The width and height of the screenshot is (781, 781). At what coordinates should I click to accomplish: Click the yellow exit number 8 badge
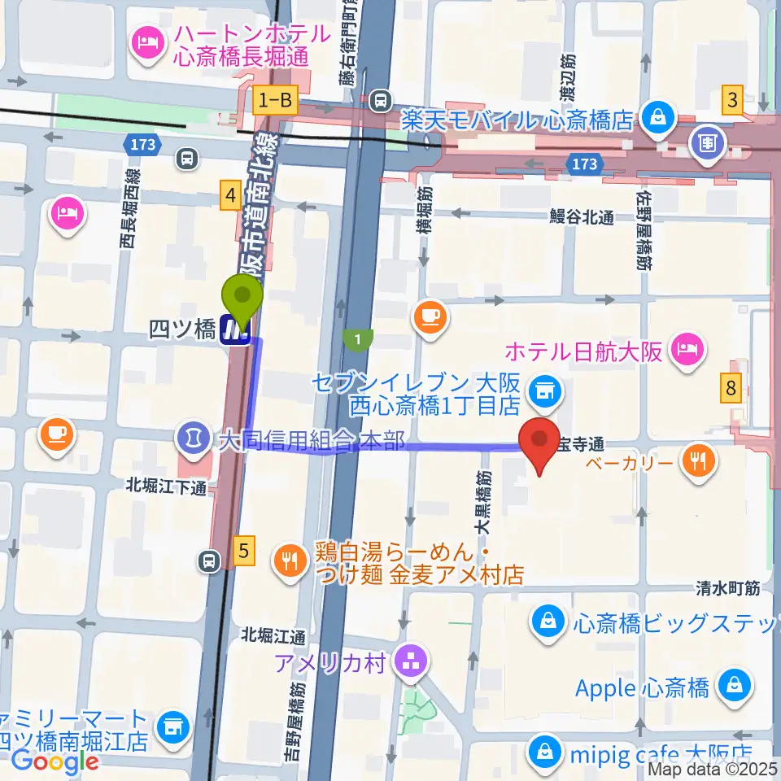pyautogui.click(x=731, y=389)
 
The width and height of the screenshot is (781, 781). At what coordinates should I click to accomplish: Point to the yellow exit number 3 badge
pyautogui.click(x=734, y=101)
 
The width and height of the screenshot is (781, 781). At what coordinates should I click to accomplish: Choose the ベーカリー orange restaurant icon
pyautogui.click(x=698, y=462)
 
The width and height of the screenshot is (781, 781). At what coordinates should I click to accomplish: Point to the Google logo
pyautogui.click(x=55, y=761)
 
